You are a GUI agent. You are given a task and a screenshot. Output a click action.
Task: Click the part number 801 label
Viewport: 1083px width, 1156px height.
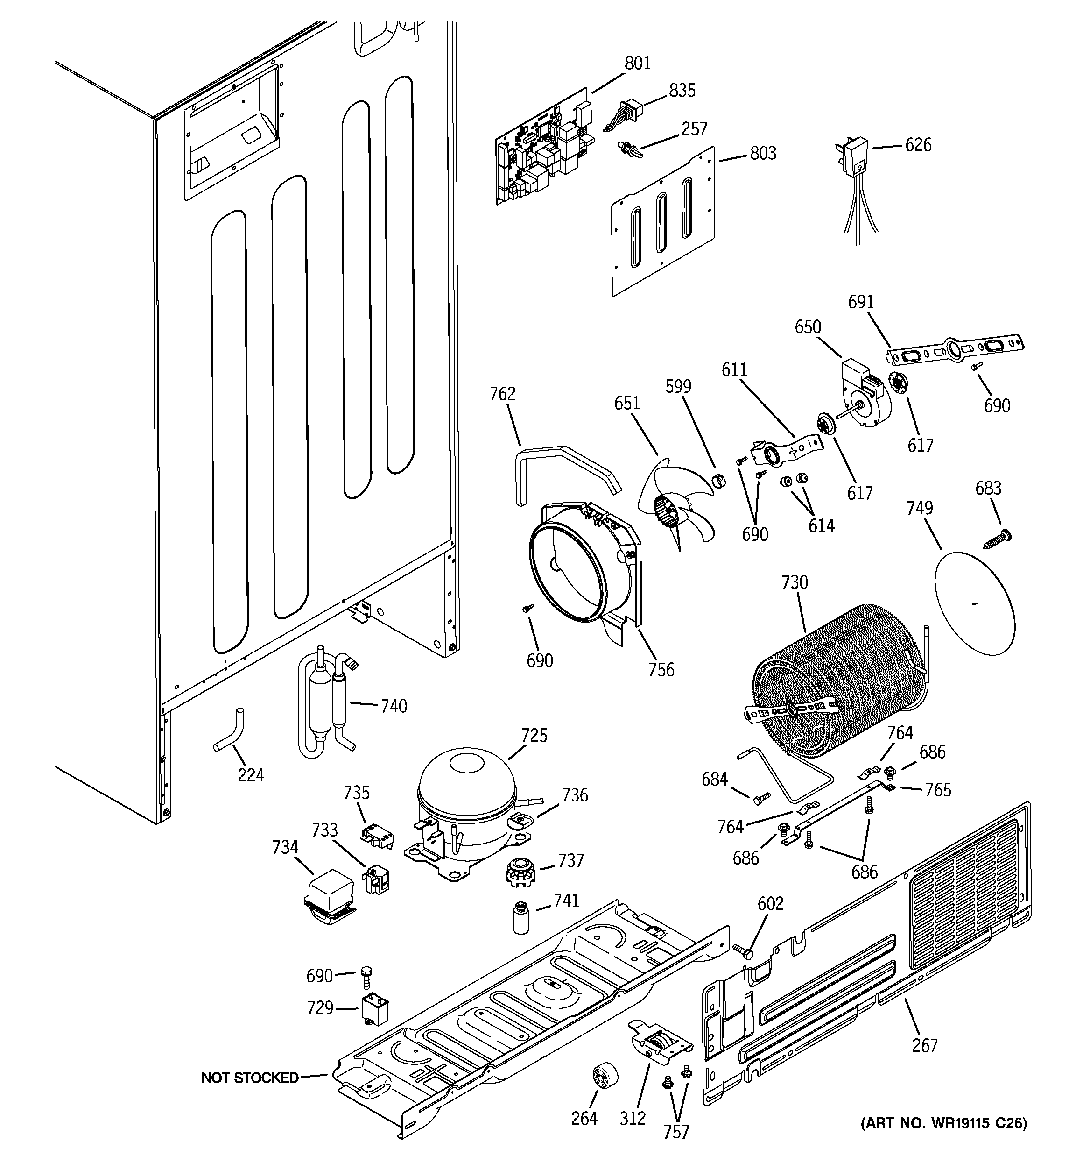[x=637, y=63]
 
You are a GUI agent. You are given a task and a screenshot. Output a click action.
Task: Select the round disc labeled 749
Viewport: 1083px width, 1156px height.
[x=974, y=603]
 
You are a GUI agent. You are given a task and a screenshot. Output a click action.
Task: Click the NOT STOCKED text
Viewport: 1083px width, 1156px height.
[x=249, y=1078]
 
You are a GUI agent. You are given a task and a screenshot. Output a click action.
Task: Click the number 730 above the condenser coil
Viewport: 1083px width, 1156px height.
[x=794, y=582]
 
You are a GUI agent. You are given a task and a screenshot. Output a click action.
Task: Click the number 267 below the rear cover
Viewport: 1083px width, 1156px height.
[x=924, y=1045]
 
